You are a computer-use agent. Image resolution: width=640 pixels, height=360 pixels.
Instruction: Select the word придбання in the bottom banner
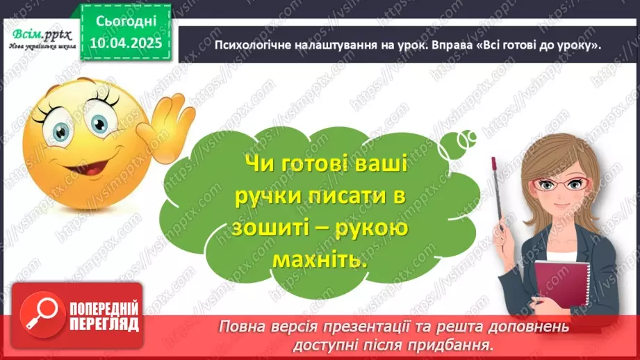(459, 344)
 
